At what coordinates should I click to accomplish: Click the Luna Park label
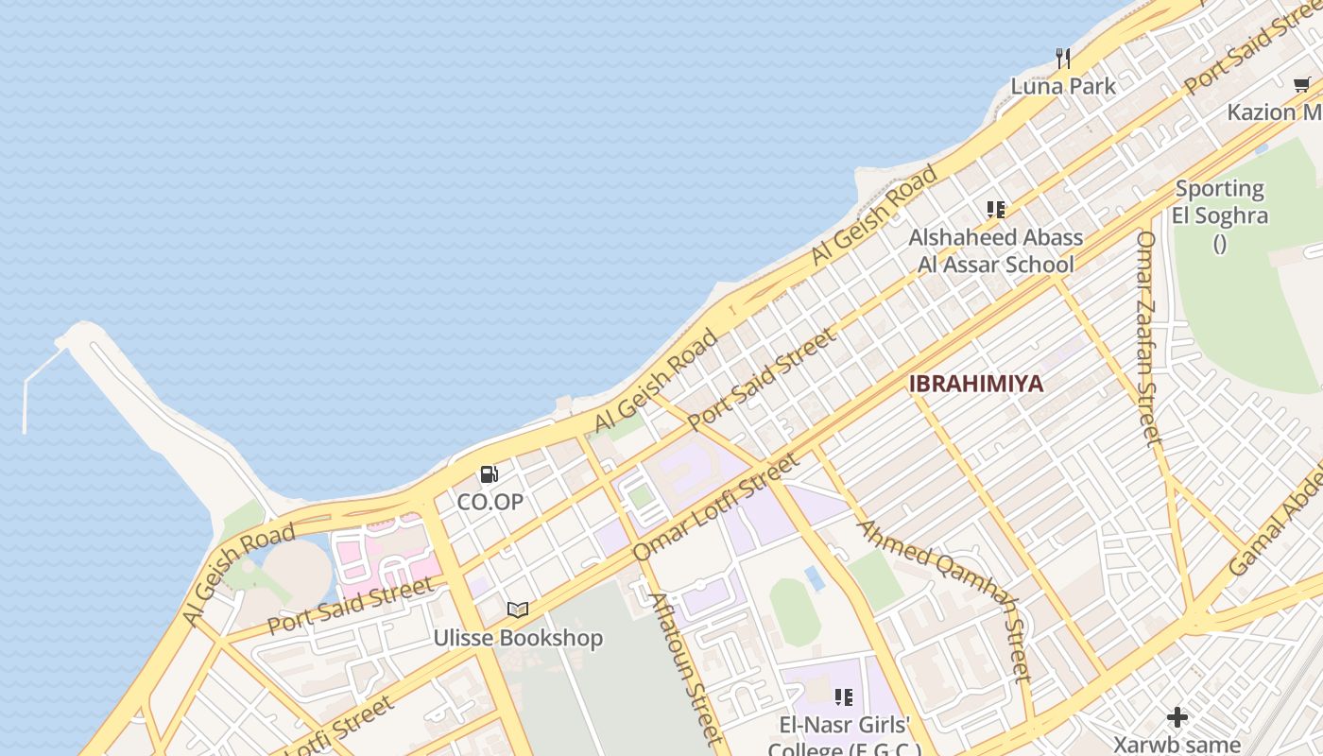[1063, 86]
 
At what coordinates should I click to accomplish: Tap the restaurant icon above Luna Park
[1063, 59]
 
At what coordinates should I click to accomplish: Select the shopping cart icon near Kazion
[1302, 85]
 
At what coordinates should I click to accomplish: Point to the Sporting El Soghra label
[1219, 202]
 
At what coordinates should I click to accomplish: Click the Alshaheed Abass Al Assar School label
[996, 250]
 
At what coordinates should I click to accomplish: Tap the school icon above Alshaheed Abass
[995, 209]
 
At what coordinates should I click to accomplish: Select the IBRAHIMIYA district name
[976, 384]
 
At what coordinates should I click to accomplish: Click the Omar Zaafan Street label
[1147, 336]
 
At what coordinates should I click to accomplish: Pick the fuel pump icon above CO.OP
[489, 474]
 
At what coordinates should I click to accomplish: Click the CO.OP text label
[490, 502]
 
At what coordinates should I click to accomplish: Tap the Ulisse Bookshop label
[518, 638]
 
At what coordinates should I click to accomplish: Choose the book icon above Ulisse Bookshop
[517, 610]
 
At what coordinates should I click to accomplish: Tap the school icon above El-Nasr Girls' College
[843, 698]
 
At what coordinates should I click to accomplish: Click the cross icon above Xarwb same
[1177, 716]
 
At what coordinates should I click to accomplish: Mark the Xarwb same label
[1177, 744]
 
